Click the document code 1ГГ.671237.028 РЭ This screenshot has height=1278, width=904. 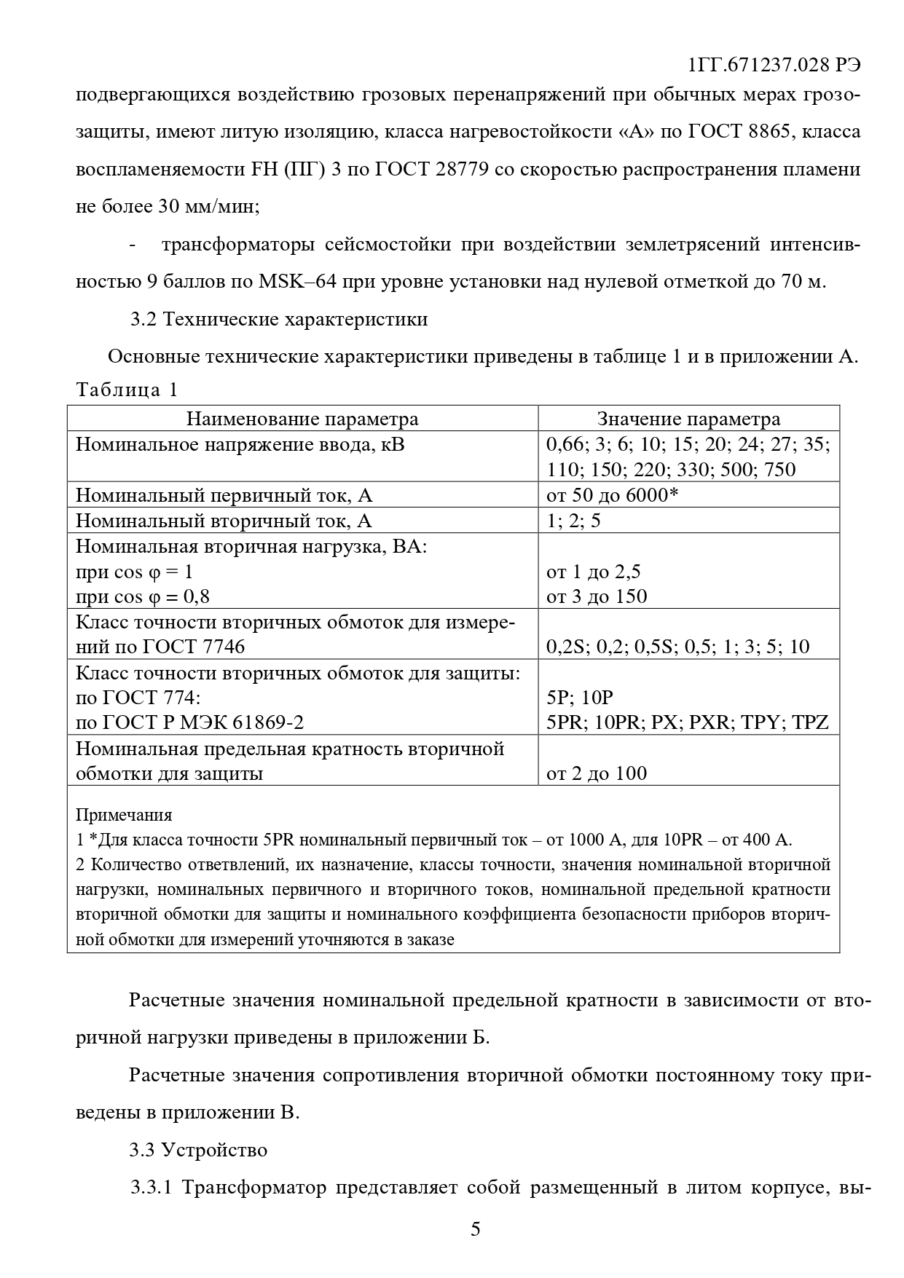(x=774, y=64)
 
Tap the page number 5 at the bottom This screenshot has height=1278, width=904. (x=475, y=1229)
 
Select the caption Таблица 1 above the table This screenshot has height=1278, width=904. (x=127, y=390)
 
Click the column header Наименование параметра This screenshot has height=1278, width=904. (x=302, y=419)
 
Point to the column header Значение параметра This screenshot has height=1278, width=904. (x=688, y=419)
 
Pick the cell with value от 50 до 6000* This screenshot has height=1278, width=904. (x=612, y=495)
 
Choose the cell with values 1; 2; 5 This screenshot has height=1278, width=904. (x=573, y=521)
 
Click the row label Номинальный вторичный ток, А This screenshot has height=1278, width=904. (x=224, y=521)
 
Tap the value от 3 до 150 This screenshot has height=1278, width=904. (x=596, y=596)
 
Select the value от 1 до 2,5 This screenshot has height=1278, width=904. (x=593, y=572)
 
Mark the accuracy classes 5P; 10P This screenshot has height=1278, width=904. (x=580, y=697)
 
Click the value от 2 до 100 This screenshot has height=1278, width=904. (x=596, y=773)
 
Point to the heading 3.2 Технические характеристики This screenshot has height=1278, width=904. (x=278, y=319)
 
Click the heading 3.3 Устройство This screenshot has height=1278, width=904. (x=198, y=1150)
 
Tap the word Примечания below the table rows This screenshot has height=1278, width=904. (x=124, y=815)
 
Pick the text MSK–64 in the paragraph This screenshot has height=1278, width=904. (x=297, y=281)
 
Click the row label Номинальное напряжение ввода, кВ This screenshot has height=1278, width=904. (x=240, y=444)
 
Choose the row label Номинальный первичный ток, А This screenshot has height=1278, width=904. (x=224, y=495)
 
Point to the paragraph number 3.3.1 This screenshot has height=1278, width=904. (x=151, y=1188)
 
